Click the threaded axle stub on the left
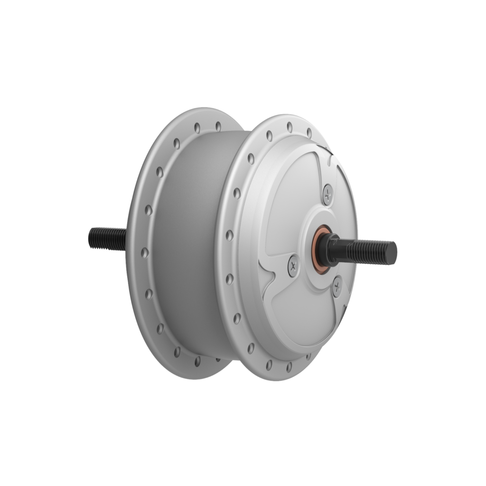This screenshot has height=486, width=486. [x=107, y=238]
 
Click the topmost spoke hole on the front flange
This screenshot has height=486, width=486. [x=288, y=126]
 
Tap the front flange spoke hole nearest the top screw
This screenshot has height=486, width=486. [x=309, y=132]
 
